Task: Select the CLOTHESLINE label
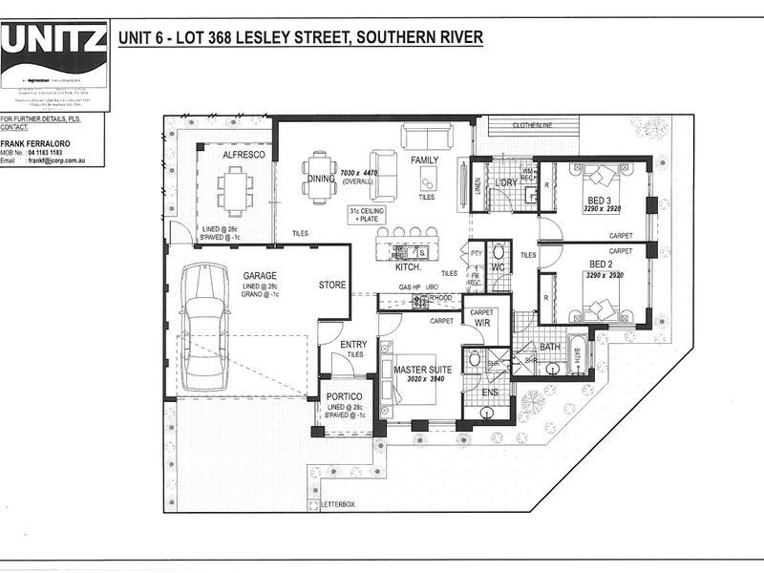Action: (534, 125)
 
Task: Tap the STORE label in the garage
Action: (331, 285)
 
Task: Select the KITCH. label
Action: (409, 268)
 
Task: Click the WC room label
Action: (496, 268)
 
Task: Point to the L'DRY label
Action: (505, 182)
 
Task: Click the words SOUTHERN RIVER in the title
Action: (419, 38)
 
